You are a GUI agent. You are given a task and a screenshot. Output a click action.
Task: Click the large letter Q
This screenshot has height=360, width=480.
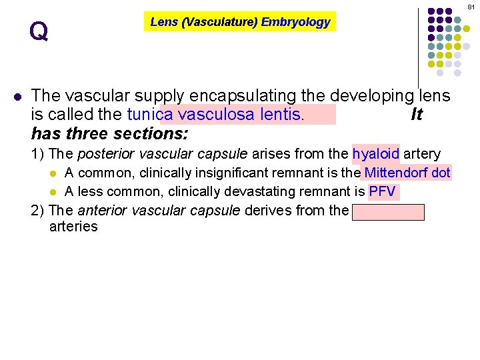(39, 31)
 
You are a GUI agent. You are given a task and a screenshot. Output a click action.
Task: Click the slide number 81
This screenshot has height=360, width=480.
(471, 6)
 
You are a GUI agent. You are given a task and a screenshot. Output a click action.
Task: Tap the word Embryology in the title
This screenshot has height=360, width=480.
(295, 22)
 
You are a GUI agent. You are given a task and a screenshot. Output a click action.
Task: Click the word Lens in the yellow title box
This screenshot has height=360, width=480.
(163, 22)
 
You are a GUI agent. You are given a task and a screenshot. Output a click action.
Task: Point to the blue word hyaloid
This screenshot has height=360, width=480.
(376, 154)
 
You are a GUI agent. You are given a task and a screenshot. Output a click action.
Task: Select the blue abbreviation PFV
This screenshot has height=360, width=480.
(383, 192)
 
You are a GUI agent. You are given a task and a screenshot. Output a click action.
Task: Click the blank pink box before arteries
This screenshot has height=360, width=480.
(388, 211)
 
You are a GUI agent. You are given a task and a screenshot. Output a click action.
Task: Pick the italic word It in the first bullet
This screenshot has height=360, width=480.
(417, 115)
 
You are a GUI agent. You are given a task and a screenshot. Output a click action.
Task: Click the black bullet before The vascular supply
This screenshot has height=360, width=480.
(18, 96)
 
